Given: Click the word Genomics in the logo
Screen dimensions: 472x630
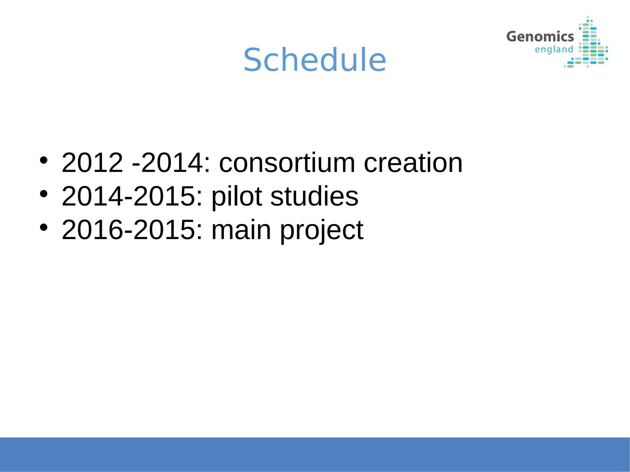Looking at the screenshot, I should point(540,37).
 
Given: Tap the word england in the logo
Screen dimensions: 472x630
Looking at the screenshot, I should point(554,49).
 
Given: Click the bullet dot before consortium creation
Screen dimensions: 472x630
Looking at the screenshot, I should point(44,160).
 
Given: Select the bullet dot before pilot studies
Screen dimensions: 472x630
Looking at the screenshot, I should point(44,194).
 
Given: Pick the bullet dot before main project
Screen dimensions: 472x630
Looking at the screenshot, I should point(44,227).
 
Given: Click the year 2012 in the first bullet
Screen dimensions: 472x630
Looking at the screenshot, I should point(92,163).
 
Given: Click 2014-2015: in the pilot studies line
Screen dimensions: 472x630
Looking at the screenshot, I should point(132,196).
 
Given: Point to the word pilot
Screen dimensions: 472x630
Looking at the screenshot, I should point(237,196).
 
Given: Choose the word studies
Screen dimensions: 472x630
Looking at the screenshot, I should point(314,196).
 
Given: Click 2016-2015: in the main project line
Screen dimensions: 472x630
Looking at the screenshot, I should point(132,230).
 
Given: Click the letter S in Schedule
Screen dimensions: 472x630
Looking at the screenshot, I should point(254,60).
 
